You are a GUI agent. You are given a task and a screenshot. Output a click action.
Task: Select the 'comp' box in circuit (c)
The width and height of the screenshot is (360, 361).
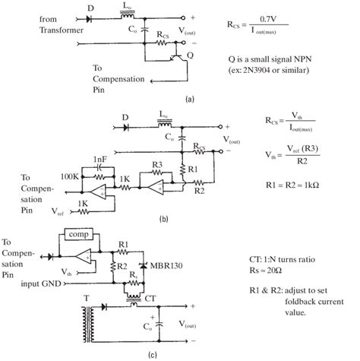[x=79, y=236]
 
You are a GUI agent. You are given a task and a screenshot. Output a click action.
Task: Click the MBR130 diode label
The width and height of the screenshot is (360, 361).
[x=172, y=267]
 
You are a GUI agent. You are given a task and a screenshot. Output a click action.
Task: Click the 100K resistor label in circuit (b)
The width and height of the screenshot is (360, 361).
[x=68, y=176]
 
